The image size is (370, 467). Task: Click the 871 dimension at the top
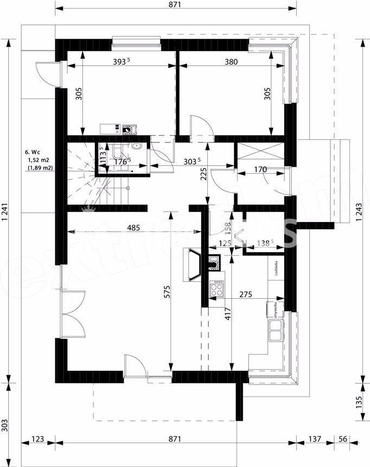(174, 5)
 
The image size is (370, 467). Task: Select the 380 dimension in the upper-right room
(231, 62)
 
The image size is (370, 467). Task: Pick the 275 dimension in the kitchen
(246, 294)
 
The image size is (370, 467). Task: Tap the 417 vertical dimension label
(228, 315)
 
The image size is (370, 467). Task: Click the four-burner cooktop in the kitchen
(217, 288)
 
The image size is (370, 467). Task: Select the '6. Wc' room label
(34, 153)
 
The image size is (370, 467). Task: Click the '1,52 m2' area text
(38, 160)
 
